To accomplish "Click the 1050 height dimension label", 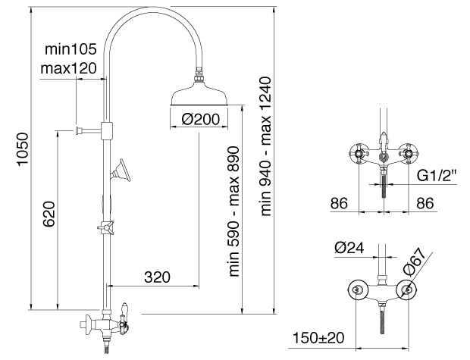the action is (23, 149).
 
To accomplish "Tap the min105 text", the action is (70, 49).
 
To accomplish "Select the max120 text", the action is (69, 68).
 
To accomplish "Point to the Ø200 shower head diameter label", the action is (200, 119).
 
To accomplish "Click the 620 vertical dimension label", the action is (49, 214).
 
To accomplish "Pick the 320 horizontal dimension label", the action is (157, 277).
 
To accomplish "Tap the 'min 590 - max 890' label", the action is (234, 211).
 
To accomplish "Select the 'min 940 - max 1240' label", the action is (265, 146).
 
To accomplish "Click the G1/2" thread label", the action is (437, 175).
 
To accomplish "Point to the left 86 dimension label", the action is (339, 203).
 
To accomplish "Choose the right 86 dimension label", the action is (425, 203).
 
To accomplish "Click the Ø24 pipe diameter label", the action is (349, 248).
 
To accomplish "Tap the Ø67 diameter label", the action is (415, 261).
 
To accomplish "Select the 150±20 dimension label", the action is (318, 338).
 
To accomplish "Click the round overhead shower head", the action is (199, 94).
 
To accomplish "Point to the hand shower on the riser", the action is (121, 170).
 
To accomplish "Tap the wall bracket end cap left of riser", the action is (79, 130).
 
